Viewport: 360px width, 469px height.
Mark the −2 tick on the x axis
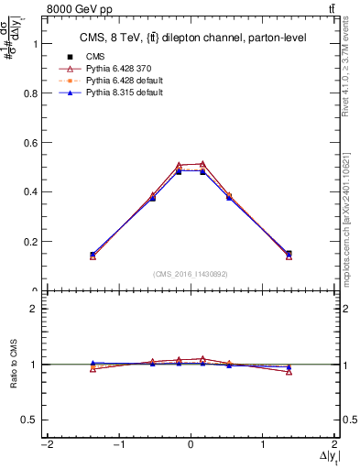(45, 446)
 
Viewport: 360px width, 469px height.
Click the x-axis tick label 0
(191, 446)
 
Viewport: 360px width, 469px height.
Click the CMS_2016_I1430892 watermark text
(191, 274)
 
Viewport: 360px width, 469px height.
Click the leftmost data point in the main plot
(93, 255)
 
